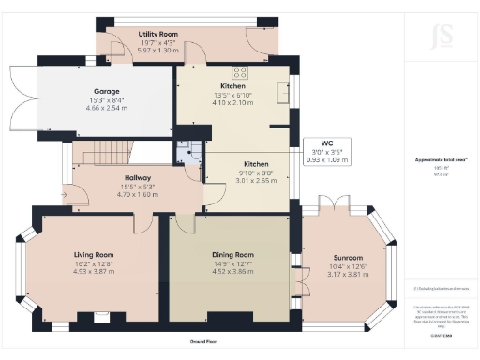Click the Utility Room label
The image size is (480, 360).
point(158,34)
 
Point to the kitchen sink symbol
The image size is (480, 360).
point(283,90)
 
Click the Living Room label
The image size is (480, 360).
point(94,254)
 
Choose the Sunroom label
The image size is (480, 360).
point(348,257)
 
